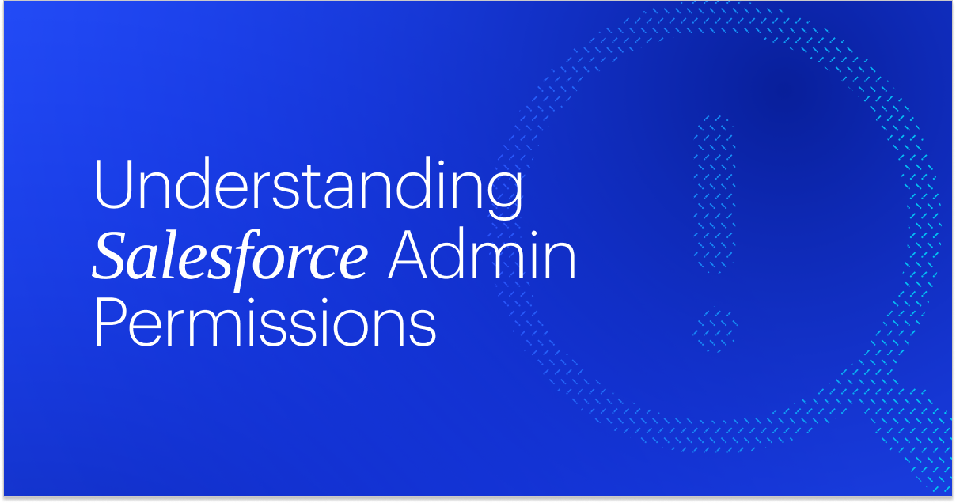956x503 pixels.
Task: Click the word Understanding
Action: pos(308,187)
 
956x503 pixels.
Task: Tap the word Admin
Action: pos(482,255)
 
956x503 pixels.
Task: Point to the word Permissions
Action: pos(265,323)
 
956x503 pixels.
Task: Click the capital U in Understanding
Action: pos(113,184)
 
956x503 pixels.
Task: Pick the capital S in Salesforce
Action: pos(112,255)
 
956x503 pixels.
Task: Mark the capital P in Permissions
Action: pos(111,322)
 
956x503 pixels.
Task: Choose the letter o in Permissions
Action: pos(350,329)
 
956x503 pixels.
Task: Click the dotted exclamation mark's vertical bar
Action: pos(714,194)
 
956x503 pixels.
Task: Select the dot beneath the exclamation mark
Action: pos(714,330)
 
